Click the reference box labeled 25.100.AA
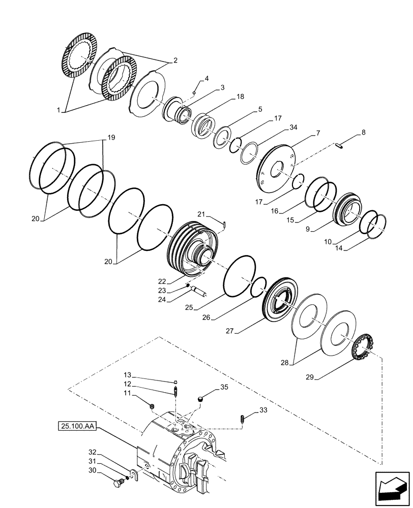point(76,424)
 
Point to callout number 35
point(224,388)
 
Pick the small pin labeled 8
point(341,147)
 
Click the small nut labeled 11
point(152,405)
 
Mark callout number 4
point(207,78)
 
